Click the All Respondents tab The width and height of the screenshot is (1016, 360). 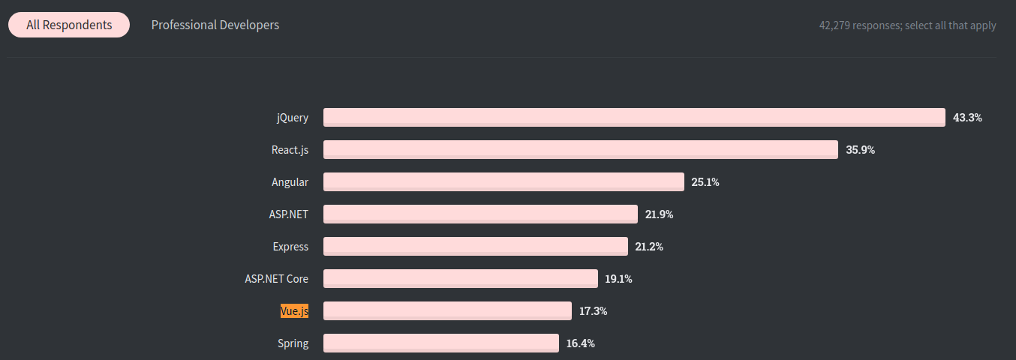[69, 25]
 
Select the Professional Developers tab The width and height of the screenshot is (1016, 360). [215, 25]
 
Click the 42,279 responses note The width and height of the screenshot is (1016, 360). [907, 25]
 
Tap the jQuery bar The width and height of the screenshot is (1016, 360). [634, 117]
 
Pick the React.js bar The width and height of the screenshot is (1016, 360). [580, 149]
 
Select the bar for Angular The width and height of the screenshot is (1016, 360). [503, 181]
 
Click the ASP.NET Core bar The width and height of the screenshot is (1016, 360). [460, 278]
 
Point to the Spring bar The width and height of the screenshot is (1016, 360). [440, 343]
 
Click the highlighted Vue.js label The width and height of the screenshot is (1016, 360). [294, 310]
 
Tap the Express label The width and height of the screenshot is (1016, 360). [290, 246]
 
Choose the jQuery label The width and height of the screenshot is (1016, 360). [292, 118]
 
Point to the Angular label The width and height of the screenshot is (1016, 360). [290, 182]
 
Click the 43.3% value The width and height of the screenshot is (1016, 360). [967, 118]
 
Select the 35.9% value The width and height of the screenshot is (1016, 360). [860, 150]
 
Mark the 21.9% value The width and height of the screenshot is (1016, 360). [659, 214]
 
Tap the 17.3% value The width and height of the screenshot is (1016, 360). [593, 310]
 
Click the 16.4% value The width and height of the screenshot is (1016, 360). [580, 343]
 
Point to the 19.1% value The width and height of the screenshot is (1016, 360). [618, 279]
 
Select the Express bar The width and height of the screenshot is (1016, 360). [475, 246]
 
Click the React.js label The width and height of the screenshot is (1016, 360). [290, 150]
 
